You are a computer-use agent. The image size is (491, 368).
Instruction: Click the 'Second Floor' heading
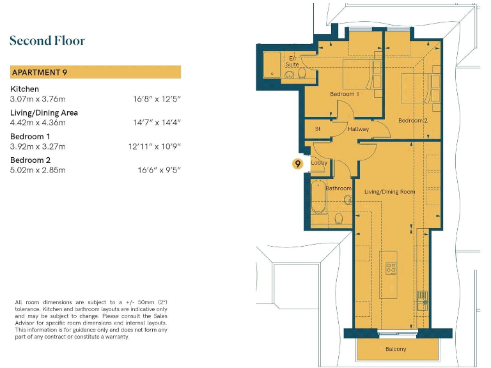tap(47, 41)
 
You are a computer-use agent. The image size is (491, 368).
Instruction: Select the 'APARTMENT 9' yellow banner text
tap(40, 72)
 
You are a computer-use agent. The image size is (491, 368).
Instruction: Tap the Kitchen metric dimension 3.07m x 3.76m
tap(38, 99)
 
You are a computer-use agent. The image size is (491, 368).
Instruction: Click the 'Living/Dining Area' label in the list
tap(44, 113)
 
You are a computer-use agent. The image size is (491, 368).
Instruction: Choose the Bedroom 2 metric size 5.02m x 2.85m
tap(38, 170)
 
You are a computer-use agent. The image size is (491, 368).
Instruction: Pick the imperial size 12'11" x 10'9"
tap(154, 146)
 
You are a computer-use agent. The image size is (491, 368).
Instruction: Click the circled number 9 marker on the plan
tap(297, 164)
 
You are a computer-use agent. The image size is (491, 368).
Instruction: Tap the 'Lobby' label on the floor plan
tap(319, 164)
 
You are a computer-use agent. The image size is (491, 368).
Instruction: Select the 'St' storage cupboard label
tap(318, 129)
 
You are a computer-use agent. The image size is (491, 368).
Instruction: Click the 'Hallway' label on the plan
tap(358, 130)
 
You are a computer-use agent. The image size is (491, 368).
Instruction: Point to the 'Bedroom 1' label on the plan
tap(344, 95)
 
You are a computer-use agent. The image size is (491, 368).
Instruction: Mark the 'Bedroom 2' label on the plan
tap(412, 121)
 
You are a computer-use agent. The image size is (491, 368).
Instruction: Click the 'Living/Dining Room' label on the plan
tap(390, 192)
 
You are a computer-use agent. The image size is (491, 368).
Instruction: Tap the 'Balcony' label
tap(395, 349)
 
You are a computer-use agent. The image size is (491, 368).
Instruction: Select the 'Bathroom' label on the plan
tap(338, 188)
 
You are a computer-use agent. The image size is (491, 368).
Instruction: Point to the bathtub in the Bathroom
tap(318, 199)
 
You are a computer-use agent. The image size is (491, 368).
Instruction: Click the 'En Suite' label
tap(292, 61)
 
